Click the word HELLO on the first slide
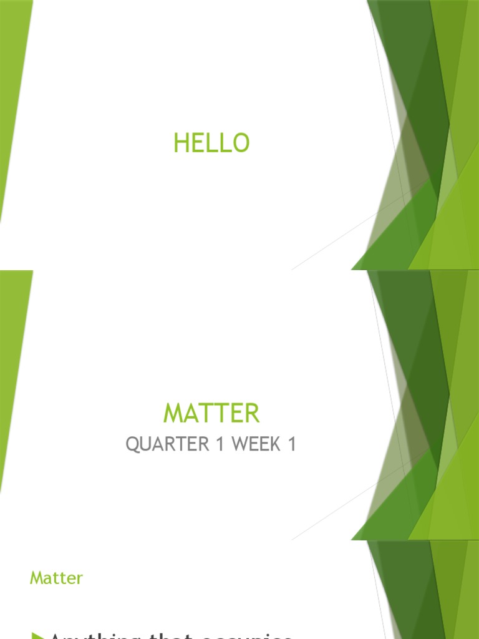pyautogui.click(x=211, y=144)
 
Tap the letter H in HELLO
pyautogui.click(x=180, y=144)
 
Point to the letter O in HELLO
pyautogui.click(x=241, y=144)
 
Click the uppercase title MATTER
pyautogui.click(x=211, y=414)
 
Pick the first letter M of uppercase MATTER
pyautogui.click(x=173, y=414)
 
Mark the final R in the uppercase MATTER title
pyautogui.click(x=251, y=414)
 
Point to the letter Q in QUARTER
pyautogui.click(x=132, y=445)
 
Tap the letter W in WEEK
pyautogui.click(x=240, y=445)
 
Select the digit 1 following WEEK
pyautogui.click(x=291, y=445)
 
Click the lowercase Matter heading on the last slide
pyautogui.click(x=56, y=578)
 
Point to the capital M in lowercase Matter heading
pyautogui.click(x=36, y=578)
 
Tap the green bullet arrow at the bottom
pyautogui.click(x=38, y=635)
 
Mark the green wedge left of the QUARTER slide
pyautogui.click(x=12, y=362)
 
